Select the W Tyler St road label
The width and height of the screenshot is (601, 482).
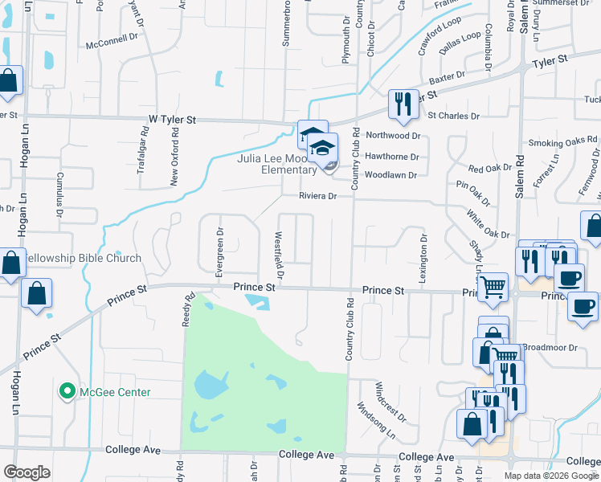(173, 119)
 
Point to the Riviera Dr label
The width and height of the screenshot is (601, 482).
(307, 195)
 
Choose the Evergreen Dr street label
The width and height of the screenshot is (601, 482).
(219, 252)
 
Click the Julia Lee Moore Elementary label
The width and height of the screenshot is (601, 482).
(276, 164)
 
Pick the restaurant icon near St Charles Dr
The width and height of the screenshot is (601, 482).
(401, 104)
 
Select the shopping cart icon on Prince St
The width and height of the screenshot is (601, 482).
(492, 286)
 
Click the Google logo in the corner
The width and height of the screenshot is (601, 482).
(27, 472)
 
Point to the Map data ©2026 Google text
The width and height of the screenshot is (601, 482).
(551, 476)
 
